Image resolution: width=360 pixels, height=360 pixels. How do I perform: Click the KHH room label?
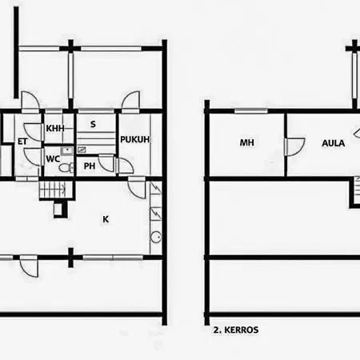[55, 128]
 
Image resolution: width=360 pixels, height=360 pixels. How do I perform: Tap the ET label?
[23, 142]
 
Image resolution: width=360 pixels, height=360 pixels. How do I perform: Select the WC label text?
[53, 158]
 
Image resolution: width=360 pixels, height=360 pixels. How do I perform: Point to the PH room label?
[90, 166]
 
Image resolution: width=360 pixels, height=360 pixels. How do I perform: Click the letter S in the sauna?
[93, 124]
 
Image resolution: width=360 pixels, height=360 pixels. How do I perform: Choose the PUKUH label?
[135, 140]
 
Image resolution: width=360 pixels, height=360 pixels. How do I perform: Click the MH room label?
[246, 144]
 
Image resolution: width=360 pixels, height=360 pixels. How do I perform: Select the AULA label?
[333, 144]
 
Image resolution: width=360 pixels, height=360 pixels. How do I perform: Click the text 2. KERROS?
[236, 328]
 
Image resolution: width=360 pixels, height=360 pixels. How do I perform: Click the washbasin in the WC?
[68, 150]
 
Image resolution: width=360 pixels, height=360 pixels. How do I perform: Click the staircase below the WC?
[53, 190]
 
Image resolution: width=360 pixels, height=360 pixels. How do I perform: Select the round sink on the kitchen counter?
[155, 236]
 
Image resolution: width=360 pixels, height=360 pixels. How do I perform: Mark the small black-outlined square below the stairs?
[59, 210]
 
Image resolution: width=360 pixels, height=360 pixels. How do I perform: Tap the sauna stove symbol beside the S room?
[83, 150]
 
